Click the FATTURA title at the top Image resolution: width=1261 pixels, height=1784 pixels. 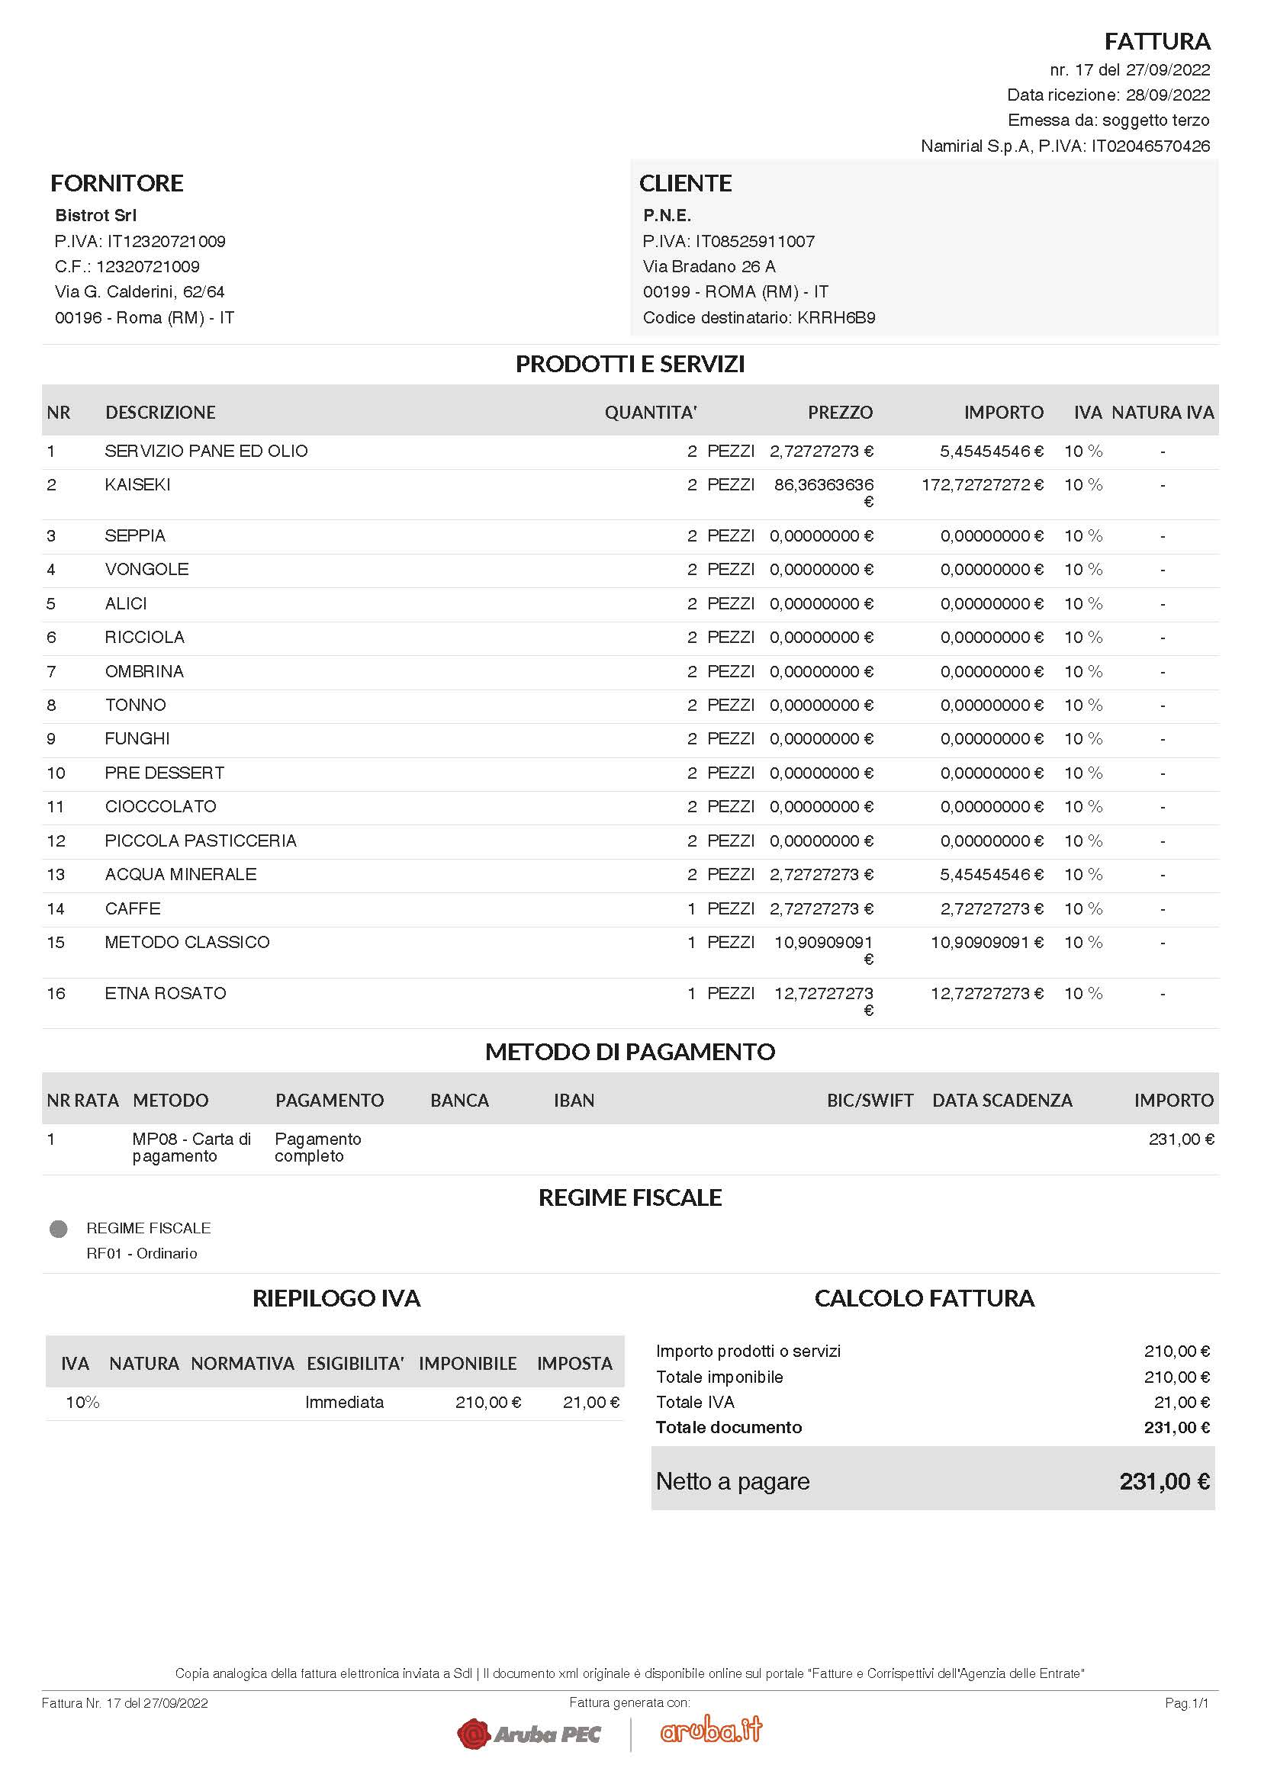coord(1156,41)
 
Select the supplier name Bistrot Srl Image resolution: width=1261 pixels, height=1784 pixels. coord(95,215)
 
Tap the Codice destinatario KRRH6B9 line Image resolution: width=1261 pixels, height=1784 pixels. coord(758,317)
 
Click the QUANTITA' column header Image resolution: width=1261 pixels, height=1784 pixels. coord(650,412)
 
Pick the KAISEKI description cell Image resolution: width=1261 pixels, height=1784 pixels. coord(137,484)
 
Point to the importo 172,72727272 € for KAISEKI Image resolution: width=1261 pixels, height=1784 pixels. coord(982,484)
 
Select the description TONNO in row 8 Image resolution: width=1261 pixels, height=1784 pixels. coord(135,705)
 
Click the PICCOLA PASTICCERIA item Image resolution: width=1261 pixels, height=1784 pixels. coord(201,840)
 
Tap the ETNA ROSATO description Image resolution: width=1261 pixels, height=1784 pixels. coord(166,992)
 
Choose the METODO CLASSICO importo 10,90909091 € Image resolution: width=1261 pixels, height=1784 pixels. coord(986,942)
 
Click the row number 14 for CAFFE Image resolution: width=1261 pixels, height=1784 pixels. coord(56,908)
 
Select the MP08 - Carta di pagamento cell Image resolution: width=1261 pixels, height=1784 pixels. coord(191,1147)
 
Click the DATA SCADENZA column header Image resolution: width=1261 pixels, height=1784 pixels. coord(1002,1100)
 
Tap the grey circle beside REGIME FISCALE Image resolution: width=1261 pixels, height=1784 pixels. coord(58,1229)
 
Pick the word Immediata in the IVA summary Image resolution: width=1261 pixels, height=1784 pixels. coord(344,1402)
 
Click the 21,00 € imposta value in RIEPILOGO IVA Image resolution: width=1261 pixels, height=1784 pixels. coord(590,1402)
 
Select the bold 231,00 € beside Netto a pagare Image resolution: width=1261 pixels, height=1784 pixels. coord(1164,1481)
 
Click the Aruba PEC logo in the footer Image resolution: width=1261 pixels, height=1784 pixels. coord(529,1734)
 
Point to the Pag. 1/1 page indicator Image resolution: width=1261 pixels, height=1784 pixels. coord(1186,1702)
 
